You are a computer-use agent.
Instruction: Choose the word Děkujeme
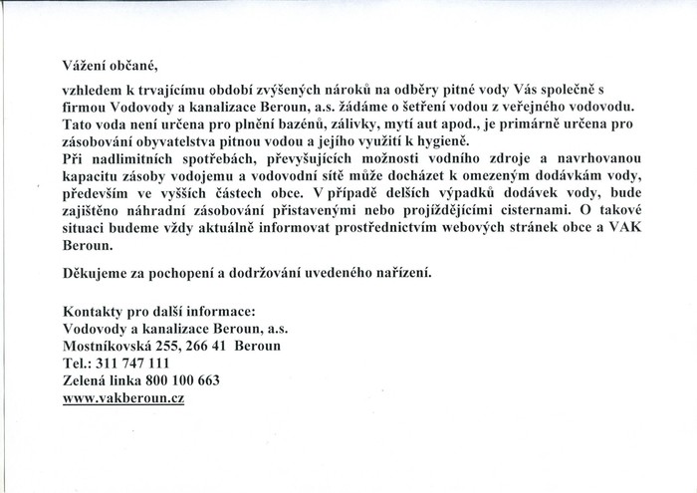click(x=96, y=269)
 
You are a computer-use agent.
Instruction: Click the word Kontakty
click(x=92, y=312)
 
